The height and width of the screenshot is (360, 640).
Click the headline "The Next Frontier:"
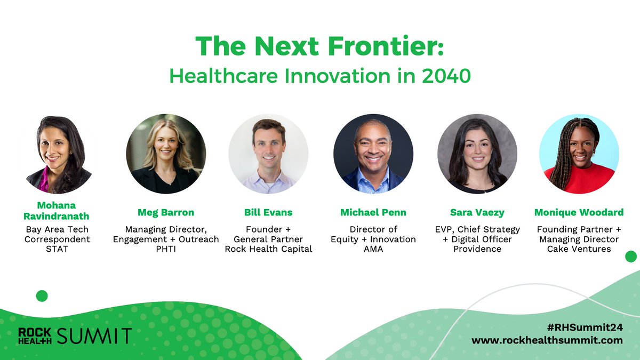point(319,47)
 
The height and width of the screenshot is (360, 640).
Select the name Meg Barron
point(166,213)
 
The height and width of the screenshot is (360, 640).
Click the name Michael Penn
point(373,213)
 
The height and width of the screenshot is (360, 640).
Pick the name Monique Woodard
point(579,213)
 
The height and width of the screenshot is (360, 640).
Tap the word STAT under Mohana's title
point(57,249)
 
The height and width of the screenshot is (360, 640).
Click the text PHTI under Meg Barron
point(166,249)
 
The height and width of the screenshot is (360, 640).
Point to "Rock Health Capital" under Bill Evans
point(268,249)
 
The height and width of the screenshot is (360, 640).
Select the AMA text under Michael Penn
point(373,249)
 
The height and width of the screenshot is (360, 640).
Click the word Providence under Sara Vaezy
point(477,249)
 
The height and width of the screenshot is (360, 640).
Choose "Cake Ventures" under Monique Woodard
point(579,249)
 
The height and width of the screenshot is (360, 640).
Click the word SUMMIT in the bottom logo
point(94,337)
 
